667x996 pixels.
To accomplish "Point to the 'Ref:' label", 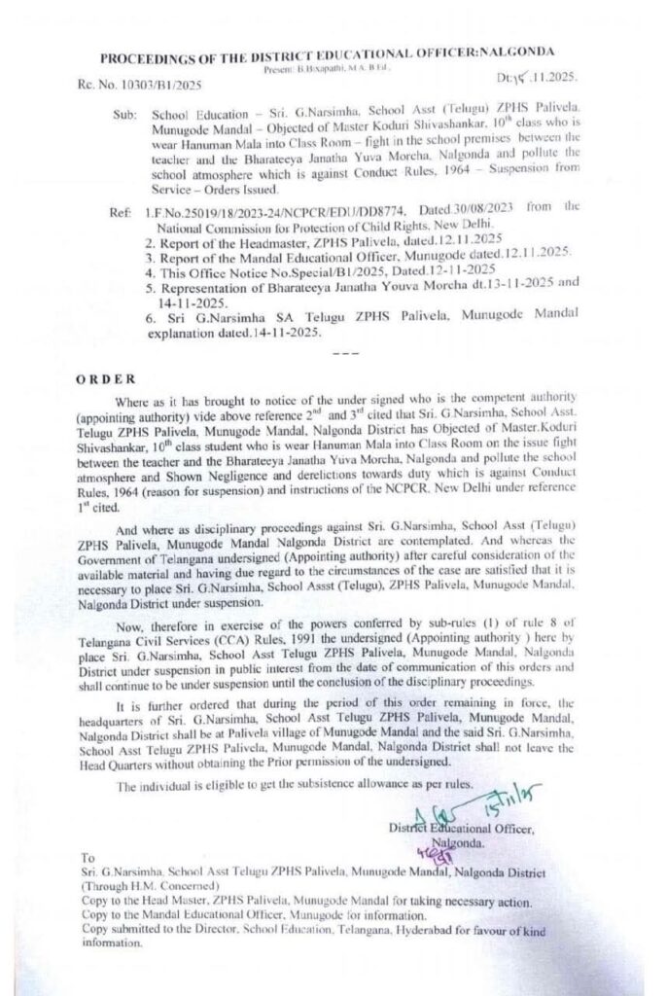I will tap(122, 209).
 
